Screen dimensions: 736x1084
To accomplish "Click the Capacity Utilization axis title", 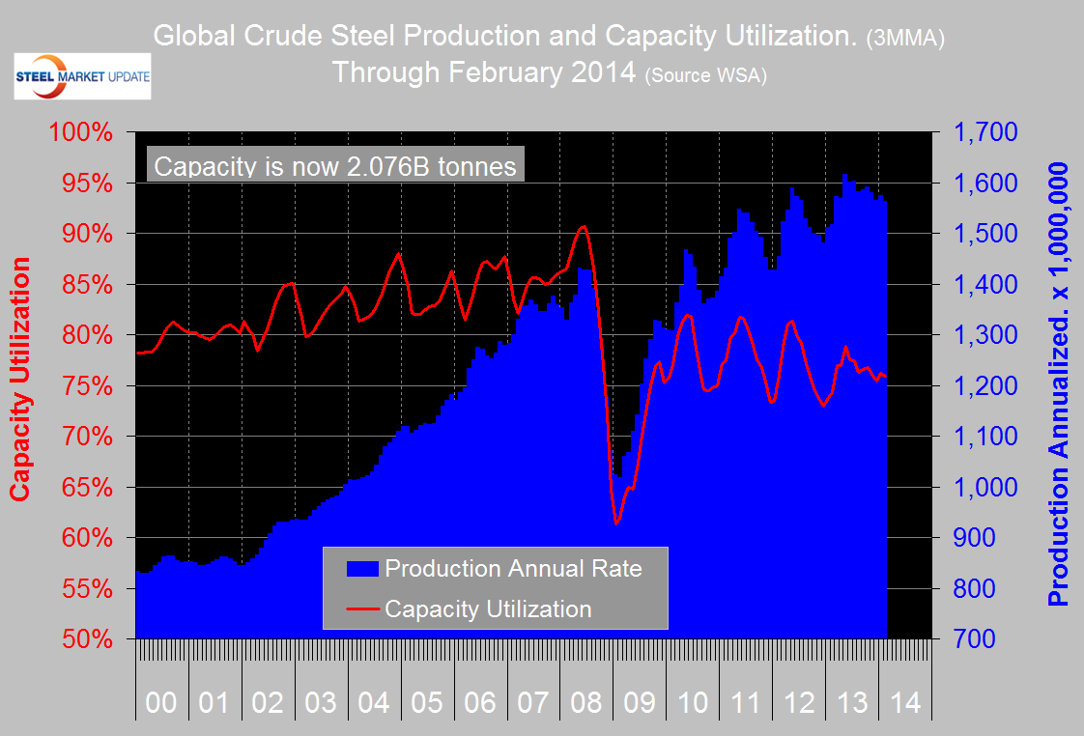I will coord(20,378).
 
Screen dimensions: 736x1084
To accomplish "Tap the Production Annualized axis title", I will coord(1059,384).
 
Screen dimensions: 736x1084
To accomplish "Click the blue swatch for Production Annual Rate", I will coord(362,568).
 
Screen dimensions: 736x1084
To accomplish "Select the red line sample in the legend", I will coord(362,609).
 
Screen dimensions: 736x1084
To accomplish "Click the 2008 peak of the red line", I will coord(583,227).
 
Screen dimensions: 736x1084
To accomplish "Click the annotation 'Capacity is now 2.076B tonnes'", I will coord(335,166).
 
